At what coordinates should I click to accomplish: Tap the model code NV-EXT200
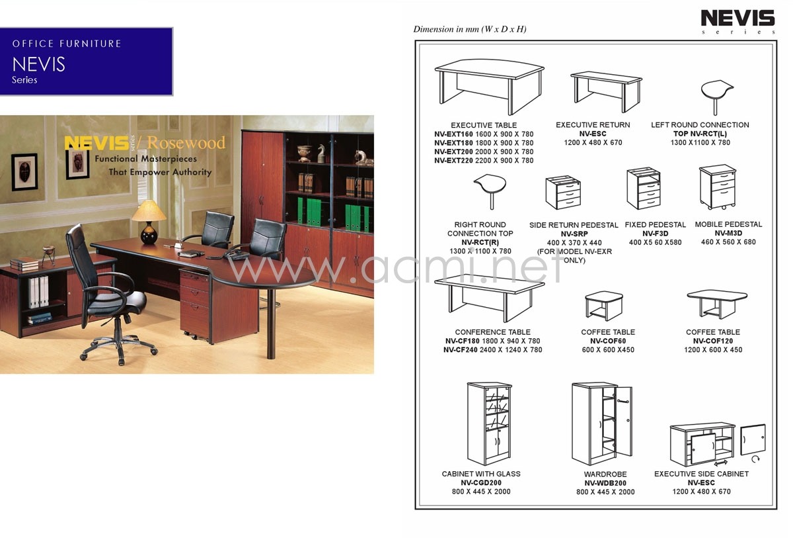(x=453, y=152)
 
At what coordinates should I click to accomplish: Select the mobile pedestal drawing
(x=718, y=187)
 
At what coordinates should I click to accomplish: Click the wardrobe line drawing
(x=602, y=424)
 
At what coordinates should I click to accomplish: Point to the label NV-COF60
(x=608, y=341)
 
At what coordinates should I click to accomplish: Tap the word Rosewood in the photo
(x=186, y=142)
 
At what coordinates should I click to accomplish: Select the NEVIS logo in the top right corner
(x=737, y=21)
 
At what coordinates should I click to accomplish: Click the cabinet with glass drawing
(x=489, y=424)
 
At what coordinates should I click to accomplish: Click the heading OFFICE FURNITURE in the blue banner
(x=67, y=44)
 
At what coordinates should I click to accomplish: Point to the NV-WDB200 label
(x=605, y=483)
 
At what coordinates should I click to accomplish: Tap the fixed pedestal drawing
(x=643, y=188)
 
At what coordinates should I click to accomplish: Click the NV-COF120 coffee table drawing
(x=717, y=304)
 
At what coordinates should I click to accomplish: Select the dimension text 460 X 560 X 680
(x=728, y=242)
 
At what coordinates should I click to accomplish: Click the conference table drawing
(x=489, y=297)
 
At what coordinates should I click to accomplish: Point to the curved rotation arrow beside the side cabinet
(x=755, y=459)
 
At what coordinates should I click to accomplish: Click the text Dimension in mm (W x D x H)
(x=470, y=29)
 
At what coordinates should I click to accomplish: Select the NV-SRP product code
(x=574, y=234)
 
